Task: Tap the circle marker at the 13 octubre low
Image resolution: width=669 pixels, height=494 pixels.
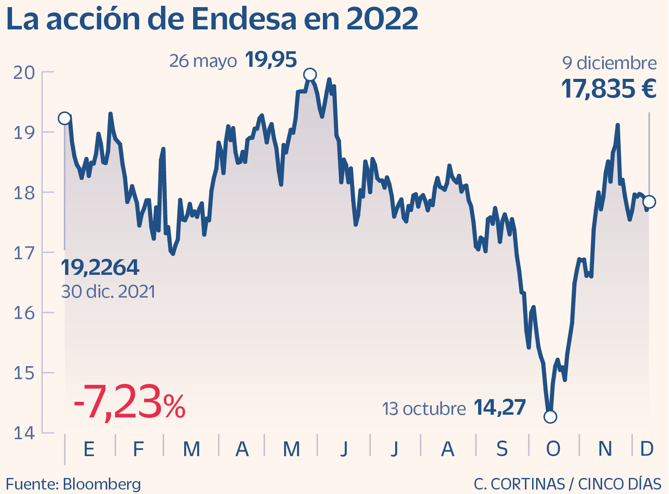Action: [x=550, y=416]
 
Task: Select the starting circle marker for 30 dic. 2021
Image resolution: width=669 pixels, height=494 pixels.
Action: [x=65, y=118]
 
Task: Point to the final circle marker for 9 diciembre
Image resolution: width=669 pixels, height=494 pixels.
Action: [x=649, y=202]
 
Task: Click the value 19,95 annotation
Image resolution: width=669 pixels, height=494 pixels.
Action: [x=271, y=60]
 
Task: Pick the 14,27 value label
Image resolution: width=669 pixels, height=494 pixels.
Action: [x=500, y=407]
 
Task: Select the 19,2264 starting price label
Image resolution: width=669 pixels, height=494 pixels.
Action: [x=100, y=267]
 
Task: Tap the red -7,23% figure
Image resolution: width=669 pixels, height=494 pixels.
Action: [x=129, y=403]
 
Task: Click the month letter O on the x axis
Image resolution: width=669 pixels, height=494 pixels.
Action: [x=553, y=449]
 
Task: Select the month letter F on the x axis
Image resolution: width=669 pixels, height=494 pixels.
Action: [x=138, y=449]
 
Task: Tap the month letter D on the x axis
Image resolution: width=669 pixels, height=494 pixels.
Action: [x=646, y=449]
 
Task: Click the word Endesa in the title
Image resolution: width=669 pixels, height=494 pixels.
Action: [x=244, y=20]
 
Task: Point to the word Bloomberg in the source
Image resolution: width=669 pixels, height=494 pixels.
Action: [x=102, y=484]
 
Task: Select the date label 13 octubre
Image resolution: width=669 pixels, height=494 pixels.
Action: [x=424, y=408]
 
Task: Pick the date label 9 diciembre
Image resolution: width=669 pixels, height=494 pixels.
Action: [x=609, y=63]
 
